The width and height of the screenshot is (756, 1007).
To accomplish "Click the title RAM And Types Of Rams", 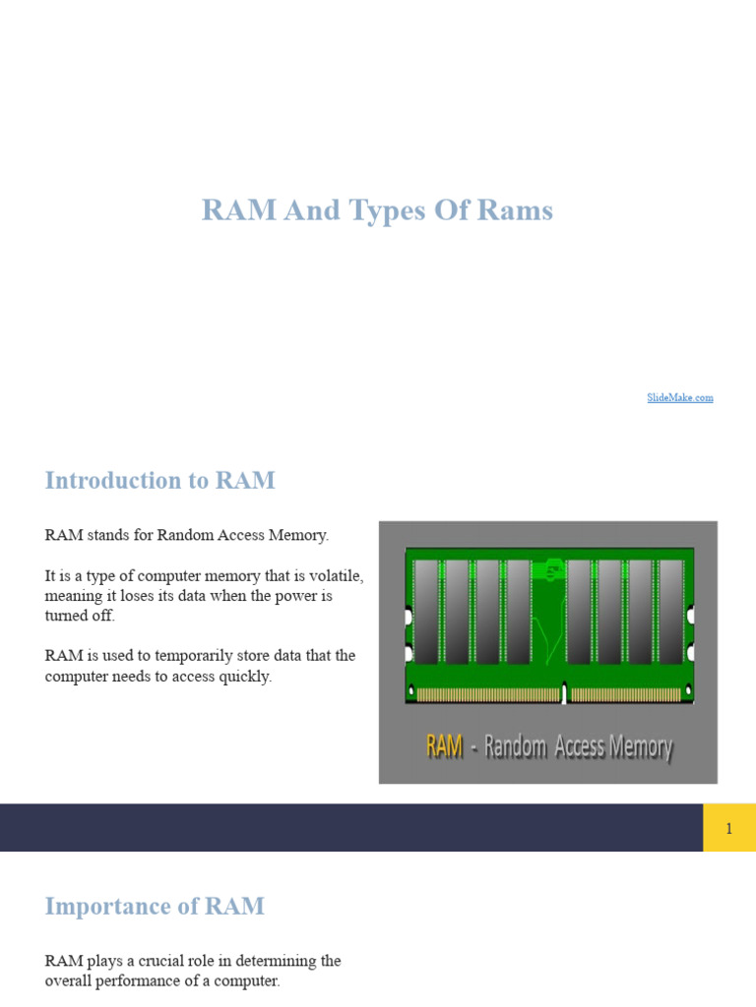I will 377,210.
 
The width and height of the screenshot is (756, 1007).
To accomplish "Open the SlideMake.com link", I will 680,397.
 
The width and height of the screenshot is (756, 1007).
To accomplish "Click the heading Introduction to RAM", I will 159,481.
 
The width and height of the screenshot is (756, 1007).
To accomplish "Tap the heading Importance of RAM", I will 155,906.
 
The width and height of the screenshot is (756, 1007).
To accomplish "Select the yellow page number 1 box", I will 728,828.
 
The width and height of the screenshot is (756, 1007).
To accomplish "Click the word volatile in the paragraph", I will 337,575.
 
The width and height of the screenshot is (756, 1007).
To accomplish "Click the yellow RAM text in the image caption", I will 444,747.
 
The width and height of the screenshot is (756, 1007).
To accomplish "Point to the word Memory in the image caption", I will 641,747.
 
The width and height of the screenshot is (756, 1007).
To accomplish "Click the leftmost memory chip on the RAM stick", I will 426,612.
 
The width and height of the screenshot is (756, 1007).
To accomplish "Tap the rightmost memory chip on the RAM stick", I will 670,612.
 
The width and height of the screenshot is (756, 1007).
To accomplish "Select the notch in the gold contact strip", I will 564,694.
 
